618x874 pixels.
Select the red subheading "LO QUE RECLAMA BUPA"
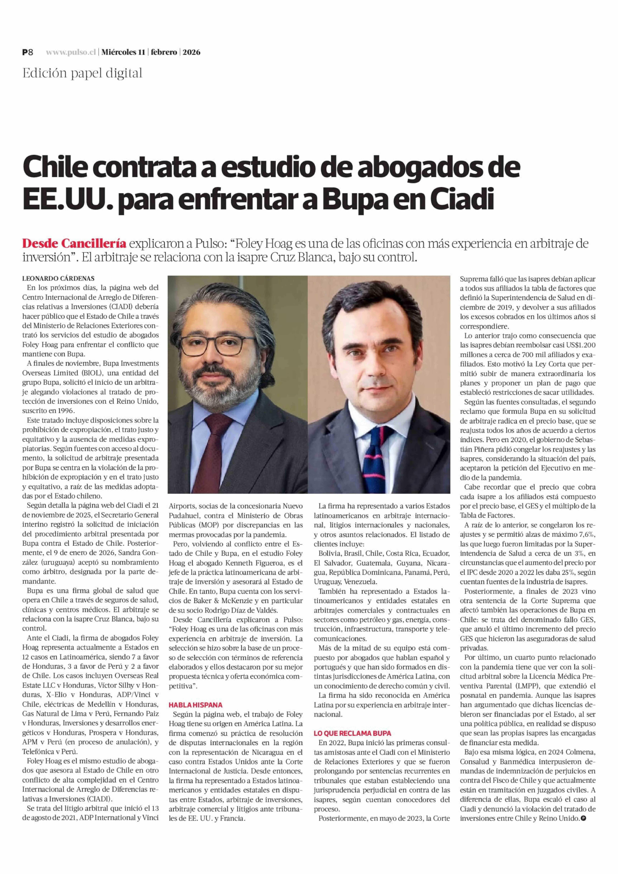click(352, 733)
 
